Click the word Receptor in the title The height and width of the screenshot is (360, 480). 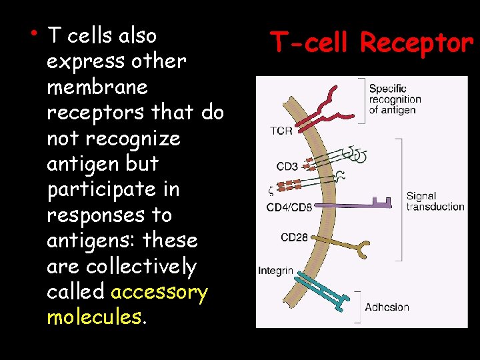tap(416, 44)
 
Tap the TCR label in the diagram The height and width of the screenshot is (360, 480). tap(281, 131)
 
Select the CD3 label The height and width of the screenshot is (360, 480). tap(287, 167)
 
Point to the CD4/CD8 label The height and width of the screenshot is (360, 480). tap(289, 207)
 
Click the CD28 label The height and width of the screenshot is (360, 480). tap(294, 237)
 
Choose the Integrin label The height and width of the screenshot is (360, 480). tap(275, 271)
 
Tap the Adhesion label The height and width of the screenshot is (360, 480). tap(387, 307)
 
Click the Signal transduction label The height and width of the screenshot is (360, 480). tap(435, 201)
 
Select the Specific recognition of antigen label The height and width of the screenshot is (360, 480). tap(395, 99)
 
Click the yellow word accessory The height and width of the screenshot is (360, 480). tap(159, 292)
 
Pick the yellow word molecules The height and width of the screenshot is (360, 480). tap(94, 317)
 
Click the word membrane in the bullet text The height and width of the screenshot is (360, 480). tap(97, 87)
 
